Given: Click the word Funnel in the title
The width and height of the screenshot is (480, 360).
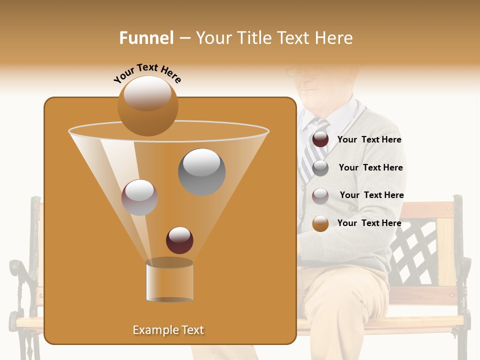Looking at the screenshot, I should click(146, 38).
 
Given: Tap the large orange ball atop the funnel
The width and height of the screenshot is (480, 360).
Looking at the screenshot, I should click(147, 105).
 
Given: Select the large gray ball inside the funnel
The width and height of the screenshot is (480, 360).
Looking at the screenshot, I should click(201, 171).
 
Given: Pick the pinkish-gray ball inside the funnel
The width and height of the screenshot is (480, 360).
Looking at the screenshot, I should click(139, 197).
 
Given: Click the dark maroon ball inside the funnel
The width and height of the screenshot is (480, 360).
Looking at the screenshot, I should click(179, 240).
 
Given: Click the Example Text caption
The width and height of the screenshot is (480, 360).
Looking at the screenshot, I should click(168, 330).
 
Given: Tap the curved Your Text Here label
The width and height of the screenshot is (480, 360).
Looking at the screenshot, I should click(147, 73).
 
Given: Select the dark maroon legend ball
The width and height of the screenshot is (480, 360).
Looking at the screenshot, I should click(320, 139).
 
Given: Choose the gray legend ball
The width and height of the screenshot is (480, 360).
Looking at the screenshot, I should click(320, 168).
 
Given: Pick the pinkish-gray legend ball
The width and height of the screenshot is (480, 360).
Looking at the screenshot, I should click(320, 196).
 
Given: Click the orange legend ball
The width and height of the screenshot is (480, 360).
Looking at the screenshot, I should click(320, 223).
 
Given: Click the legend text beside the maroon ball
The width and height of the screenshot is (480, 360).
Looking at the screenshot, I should click(369, 140).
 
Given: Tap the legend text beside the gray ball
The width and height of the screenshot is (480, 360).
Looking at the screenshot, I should click(370, 168).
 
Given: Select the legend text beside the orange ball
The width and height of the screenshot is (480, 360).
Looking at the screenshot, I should click(369, 223).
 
